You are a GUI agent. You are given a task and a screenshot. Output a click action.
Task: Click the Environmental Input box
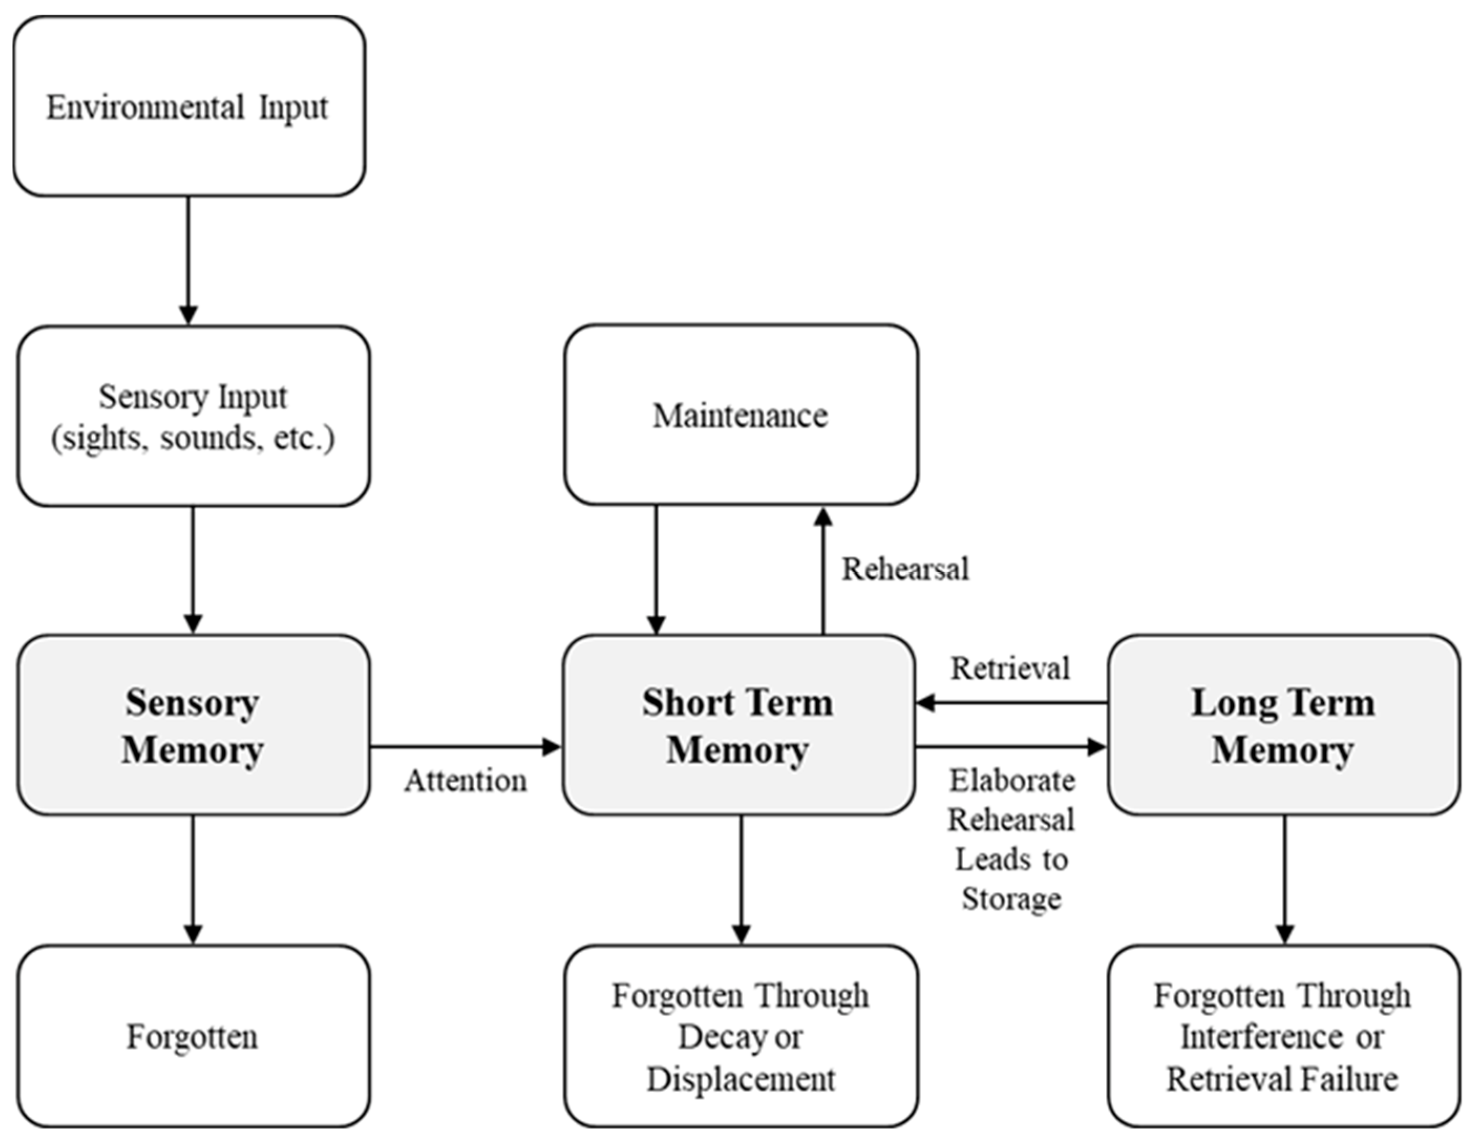click(189, 107)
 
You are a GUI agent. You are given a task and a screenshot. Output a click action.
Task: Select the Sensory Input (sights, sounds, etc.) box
click(193, 417)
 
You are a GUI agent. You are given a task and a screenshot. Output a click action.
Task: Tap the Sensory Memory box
click(193, 725)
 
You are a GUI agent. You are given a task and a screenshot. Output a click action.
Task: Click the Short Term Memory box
click(739, 725)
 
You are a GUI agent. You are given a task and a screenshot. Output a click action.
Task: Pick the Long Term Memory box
click(1284, 725)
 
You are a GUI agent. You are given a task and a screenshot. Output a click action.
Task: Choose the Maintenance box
click(740, 414)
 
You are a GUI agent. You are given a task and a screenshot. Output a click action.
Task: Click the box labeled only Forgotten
click(193, 1036)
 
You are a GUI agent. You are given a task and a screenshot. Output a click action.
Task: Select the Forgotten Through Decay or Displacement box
click(740, 1036)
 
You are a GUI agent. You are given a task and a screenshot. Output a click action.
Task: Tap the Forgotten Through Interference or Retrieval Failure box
click(1284, 1036)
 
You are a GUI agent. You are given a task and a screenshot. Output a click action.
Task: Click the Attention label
click(466, 781)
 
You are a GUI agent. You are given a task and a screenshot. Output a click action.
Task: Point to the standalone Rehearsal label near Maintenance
click(905, 569)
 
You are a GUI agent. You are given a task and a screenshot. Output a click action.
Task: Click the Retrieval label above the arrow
click(1010, 668)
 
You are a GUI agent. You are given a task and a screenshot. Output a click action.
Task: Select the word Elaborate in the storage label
click(1012, 781)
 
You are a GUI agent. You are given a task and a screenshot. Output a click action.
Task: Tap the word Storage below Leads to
click(1012, 899)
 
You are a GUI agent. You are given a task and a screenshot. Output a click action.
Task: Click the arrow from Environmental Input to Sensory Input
click(188, 260)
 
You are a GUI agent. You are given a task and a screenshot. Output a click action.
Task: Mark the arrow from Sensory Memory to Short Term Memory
click(466, 747)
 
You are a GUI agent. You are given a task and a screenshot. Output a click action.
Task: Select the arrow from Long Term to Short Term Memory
click(1010, 703)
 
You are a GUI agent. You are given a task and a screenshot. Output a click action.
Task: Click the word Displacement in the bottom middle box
click(740, 1079)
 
